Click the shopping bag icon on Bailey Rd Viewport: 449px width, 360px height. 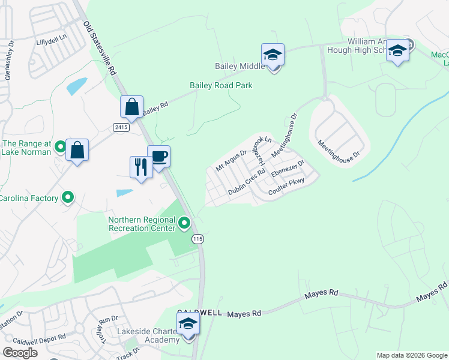click(x=131, y=107)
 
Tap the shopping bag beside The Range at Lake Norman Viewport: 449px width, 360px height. click(x=77, y=150)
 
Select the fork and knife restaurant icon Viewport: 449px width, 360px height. click(x=141, y=166)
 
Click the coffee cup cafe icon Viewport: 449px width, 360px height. click(x=158, y=157)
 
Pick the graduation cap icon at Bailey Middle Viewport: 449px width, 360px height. click(x=273, y=55)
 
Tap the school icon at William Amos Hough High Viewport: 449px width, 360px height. click(x=397, y=51)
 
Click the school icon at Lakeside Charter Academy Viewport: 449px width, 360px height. click(x=188, y=324)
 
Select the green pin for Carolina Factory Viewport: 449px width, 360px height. click(x=68, y=197)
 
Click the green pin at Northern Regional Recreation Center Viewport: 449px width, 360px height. click(x=185, y=224)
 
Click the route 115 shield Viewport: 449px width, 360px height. click(x=197, y=239)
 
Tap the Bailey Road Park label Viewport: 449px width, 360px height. click(x=221, y=86)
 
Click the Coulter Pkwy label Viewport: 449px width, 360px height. click(x=287, y=186)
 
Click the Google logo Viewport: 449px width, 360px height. click(x=20, y=353)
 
